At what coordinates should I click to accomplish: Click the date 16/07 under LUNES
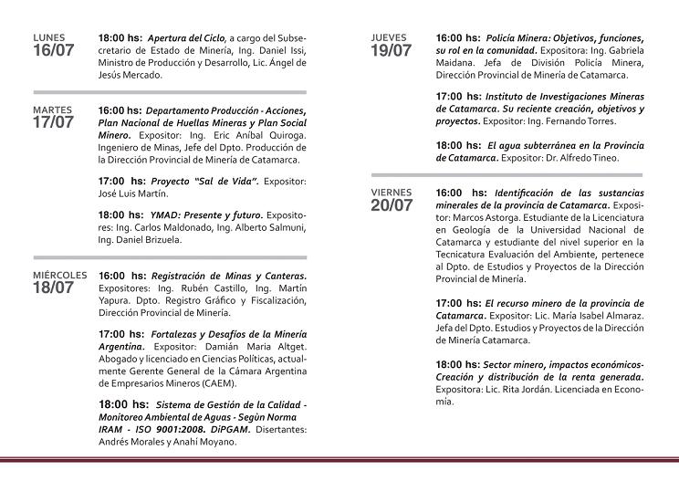[53, 51]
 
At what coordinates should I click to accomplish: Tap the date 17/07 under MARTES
[53, 122]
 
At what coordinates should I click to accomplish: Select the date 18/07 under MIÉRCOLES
[53, 288]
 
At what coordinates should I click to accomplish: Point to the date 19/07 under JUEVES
[392, 51]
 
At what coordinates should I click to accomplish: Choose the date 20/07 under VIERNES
[392, 206]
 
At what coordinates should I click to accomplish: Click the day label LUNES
[49, 37]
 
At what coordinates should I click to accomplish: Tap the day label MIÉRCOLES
[59, 274]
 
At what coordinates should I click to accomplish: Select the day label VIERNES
[392, 193]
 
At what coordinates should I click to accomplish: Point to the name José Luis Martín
[133, 193]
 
